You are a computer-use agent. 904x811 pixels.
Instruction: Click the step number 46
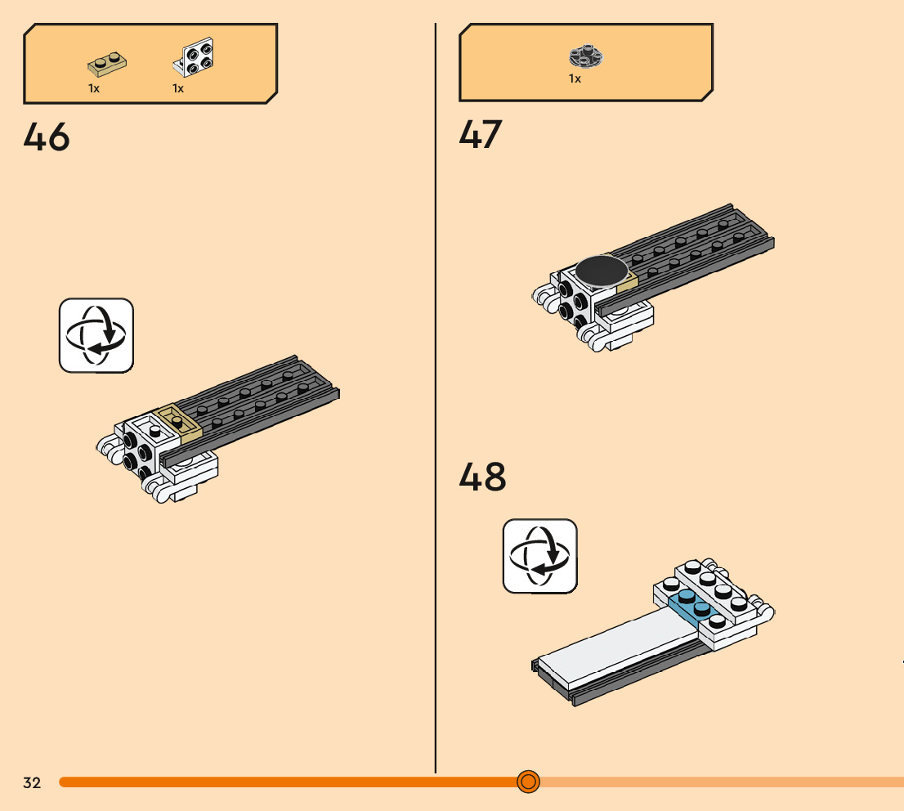click(47, 137)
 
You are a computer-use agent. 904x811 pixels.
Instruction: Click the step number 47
click(481, 135)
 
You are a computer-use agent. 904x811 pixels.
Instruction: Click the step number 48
click(482, 477)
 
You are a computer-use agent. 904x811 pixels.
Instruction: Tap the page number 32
click(32, 783)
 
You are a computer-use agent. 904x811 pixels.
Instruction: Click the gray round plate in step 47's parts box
click(585, 56)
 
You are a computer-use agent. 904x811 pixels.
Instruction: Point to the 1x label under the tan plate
click(94, 88)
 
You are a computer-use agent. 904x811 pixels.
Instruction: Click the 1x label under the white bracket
click(178, 88)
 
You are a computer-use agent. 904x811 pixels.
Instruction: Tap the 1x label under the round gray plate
click(575, 79)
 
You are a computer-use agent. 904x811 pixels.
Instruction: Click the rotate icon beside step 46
click(96, 335)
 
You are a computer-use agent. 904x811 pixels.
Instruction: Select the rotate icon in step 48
click(539, 556)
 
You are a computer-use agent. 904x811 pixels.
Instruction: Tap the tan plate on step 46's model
click(179, 421)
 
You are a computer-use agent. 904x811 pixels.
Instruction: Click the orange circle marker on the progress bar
click(528, 782)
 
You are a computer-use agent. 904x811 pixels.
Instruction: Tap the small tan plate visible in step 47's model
click(627, 284)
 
